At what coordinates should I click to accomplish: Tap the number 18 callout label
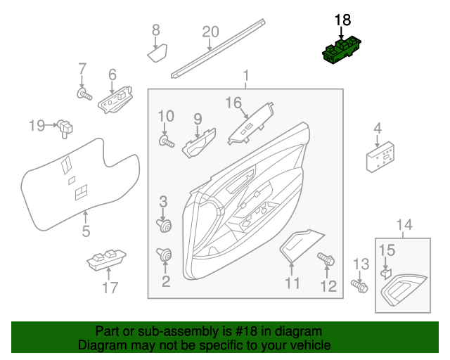342,20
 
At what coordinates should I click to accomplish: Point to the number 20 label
210,32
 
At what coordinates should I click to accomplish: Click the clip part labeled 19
67,127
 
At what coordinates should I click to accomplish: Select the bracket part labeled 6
116,99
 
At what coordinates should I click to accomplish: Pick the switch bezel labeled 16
250,124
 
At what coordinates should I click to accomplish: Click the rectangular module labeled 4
380,155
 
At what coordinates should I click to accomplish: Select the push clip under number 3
165,226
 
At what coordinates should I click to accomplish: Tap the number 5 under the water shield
86,231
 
